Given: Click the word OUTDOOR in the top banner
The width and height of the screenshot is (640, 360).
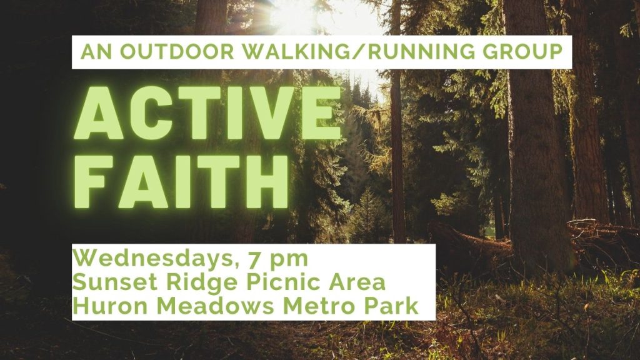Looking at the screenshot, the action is (x=177, y=52).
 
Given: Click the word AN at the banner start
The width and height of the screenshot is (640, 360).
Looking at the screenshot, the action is (x=96, y=52).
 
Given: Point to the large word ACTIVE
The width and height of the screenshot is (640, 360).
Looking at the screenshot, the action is (x=207, y=113).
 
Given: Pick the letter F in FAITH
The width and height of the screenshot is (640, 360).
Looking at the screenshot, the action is (x=94, y=181).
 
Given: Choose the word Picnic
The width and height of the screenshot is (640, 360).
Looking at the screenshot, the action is (x=284, y=282).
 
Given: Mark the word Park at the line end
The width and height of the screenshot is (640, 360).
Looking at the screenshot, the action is (x=391, y=306).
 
